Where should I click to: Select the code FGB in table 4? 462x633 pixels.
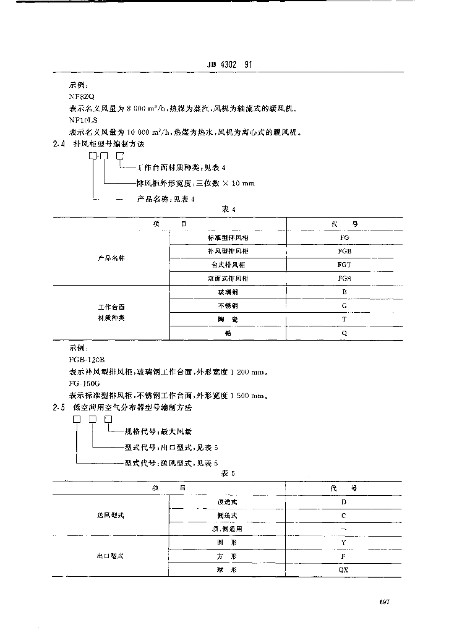coord(344,252)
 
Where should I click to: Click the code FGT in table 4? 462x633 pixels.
coord(344,265)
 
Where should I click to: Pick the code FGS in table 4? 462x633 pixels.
coord(344,279)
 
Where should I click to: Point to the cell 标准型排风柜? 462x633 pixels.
coord(228,238)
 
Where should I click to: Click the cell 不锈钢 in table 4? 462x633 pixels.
coord(228,305)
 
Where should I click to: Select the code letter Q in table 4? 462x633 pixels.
coord(344,333)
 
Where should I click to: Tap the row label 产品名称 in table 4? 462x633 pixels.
coord(111,258)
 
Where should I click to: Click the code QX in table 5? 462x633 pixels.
coord(344,570)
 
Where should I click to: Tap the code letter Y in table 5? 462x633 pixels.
coord(344,543)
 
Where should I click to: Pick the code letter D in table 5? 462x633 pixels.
coord(344,502)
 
